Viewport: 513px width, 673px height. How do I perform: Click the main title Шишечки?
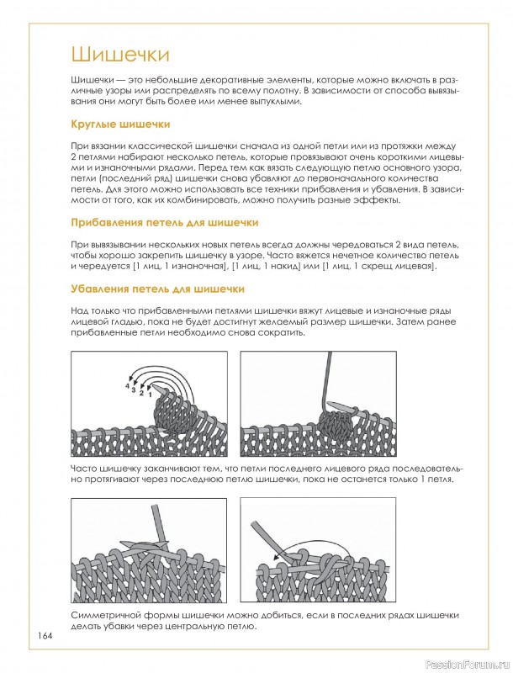(x=120, y=55)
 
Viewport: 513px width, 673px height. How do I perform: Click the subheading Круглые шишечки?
(x=120, y=125)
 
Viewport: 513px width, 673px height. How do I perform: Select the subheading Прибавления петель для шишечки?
(x=165, y=223)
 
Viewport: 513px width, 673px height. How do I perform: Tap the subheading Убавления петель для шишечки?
(x=157, y=289)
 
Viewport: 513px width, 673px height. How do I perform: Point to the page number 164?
(x=45, y=636)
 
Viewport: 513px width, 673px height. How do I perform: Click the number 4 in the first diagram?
(x=127, y=386)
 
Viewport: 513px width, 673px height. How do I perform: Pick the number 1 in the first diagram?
(x=150, y=394)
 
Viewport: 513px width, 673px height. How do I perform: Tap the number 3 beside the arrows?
(x=134, y=389)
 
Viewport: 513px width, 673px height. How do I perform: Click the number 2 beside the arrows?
(x=141, y=393)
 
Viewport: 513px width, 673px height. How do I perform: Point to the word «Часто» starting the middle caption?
(x=83, y=469)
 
